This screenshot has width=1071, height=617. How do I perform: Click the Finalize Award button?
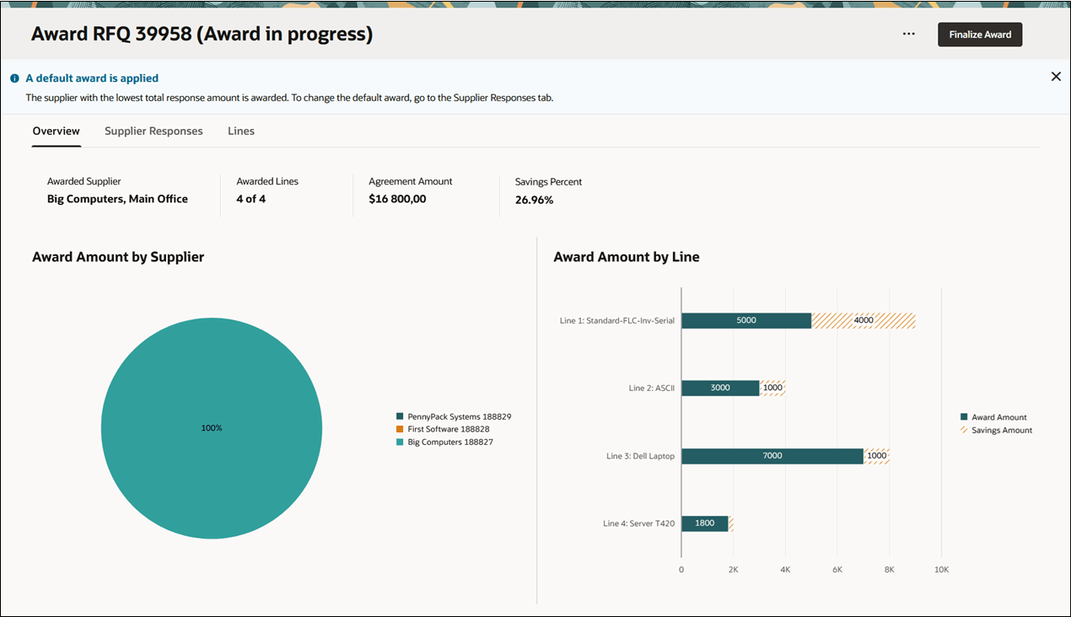coord(980,35)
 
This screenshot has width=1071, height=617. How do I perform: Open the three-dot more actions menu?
coord(908,35)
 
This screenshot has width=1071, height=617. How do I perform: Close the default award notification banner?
coord(1056,77)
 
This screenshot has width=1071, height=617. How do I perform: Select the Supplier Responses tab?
coord(153,131)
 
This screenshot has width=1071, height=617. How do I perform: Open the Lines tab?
coord(241,131)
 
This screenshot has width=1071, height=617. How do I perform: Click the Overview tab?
coord(57,131)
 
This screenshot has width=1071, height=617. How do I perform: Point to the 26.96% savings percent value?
coord(534,200)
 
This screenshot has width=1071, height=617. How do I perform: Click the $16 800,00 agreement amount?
coord(397,199)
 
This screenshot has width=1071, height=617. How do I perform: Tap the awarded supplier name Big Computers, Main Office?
coord(117,199)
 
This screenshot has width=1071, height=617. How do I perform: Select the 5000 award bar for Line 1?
coord(746,320)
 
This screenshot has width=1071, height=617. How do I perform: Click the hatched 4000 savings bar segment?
coord(864,320)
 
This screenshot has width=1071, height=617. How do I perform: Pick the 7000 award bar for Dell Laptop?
coord(772,456)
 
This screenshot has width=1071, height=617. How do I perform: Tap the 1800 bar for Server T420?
coord(704,523)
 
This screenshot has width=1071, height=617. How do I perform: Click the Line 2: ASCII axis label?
coord(651,389)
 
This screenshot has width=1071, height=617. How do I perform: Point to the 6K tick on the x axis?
coord(837,570)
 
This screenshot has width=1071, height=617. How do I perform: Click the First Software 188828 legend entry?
coord(448,429)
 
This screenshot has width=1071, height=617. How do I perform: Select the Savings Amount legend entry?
coord(1001,430)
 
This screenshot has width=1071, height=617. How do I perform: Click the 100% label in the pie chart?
coord(212,428)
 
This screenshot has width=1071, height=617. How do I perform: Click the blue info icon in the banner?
coord(14,78)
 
